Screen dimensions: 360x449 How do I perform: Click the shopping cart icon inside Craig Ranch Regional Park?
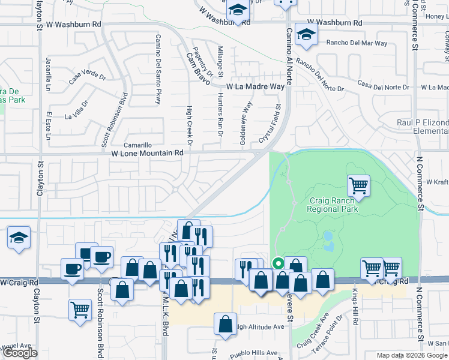click(358, 185)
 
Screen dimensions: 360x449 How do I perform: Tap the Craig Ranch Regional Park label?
click(333, 205)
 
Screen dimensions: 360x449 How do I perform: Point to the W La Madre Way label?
click(255, 87)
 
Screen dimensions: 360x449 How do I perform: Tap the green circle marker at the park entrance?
click(278, 262)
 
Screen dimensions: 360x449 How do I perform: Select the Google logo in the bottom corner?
click(20, 353)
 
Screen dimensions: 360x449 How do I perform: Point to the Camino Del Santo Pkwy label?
click(158, 70)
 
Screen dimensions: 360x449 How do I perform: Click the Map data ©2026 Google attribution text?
click(412, 355)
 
